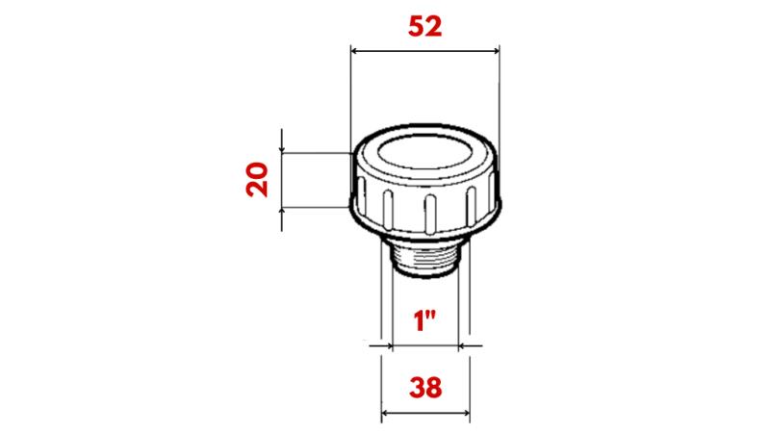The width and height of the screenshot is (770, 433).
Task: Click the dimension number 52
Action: click(x=424, y=27)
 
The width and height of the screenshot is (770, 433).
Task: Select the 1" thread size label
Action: click(x=424, y=320)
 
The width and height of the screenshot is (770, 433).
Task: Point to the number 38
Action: click(x=425, y=388)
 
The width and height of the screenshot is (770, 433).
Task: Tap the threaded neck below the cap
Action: click(x=424, y=257)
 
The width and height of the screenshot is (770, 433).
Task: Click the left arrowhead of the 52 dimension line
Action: click(x=354, y=51)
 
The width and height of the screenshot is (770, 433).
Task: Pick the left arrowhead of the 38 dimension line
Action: click(x=387, y=415)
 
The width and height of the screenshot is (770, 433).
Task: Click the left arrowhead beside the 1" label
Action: click(x=386, y=344)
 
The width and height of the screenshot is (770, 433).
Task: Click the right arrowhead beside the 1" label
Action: click(x=463, y=344)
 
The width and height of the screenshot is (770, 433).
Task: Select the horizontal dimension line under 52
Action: click(x=424, y=51)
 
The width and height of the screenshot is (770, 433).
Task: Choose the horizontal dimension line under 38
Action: click(x=425, y=415)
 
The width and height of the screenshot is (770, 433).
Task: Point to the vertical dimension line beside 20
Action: click(x=282, y=179)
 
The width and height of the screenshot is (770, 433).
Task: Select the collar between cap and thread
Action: click(x=424, y=237)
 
